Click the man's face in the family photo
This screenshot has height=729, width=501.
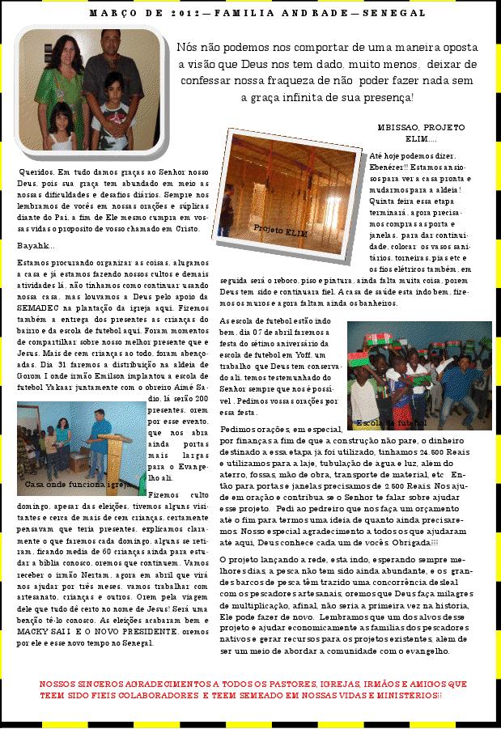(x=109, y=43)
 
